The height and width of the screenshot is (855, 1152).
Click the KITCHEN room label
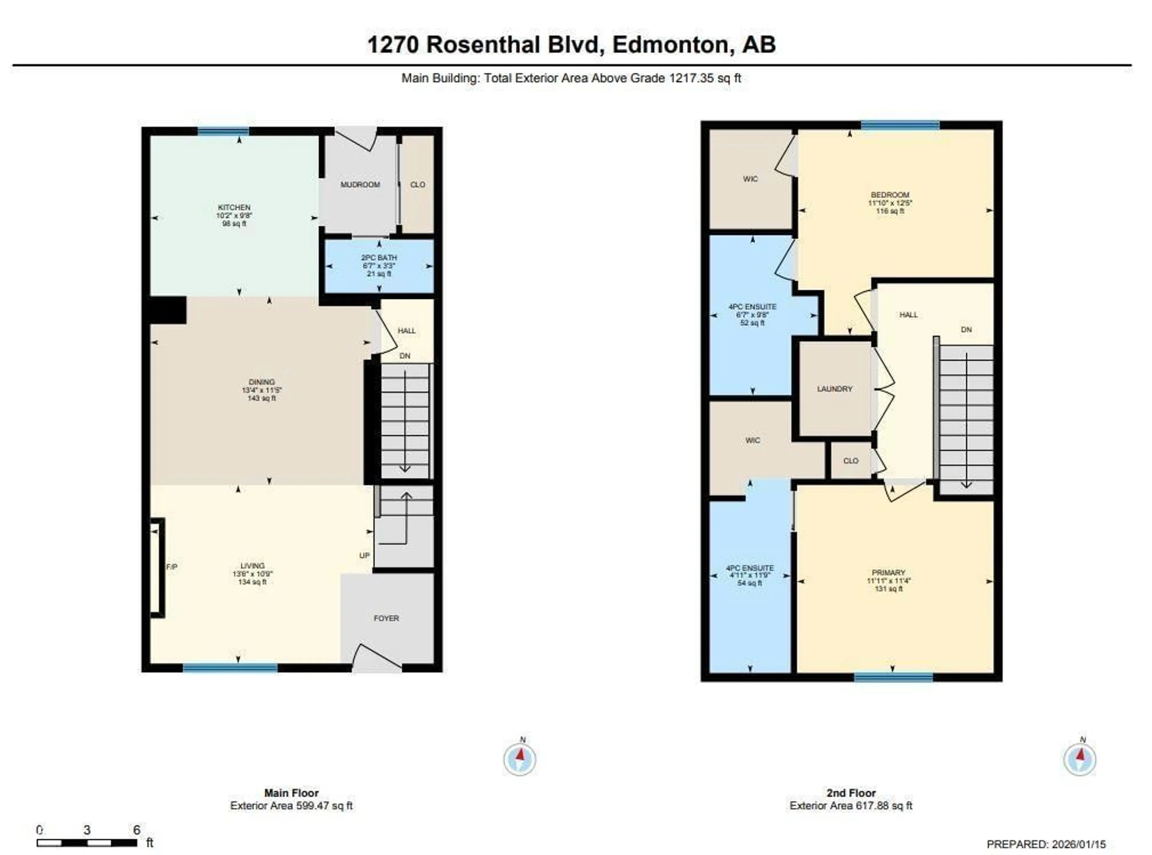234,207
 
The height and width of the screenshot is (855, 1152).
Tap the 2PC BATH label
379,258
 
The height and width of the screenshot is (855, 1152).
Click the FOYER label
386,618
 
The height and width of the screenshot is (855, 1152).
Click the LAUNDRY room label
834,389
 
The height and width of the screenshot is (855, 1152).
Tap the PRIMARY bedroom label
889,572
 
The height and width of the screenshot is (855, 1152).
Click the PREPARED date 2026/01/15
1076,844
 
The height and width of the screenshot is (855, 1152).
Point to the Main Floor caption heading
292,793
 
